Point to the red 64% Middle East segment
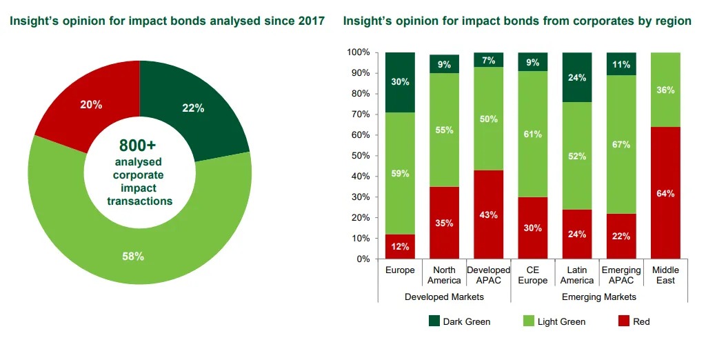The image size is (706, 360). tap(665, 194)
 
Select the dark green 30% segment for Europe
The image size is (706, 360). tap(400, 82)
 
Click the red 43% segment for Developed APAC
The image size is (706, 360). tap(488, 214)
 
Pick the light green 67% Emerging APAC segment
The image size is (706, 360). tap(621, 144)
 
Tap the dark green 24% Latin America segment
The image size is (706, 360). tap(577, 77)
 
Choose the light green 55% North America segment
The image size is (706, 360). tap(444, 130)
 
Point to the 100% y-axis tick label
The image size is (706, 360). tap(358, 52)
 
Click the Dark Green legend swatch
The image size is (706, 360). tap(434, 321)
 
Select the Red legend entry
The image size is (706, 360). tap(635, 321)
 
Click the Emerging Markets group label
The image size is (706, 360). tap(599, 297)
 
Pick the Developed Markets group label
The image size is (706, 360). tap(444, 297)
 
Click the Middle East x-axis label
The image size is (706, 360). tap(665, 275)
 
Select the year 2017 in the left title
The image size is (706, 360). tap(312, 21)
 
